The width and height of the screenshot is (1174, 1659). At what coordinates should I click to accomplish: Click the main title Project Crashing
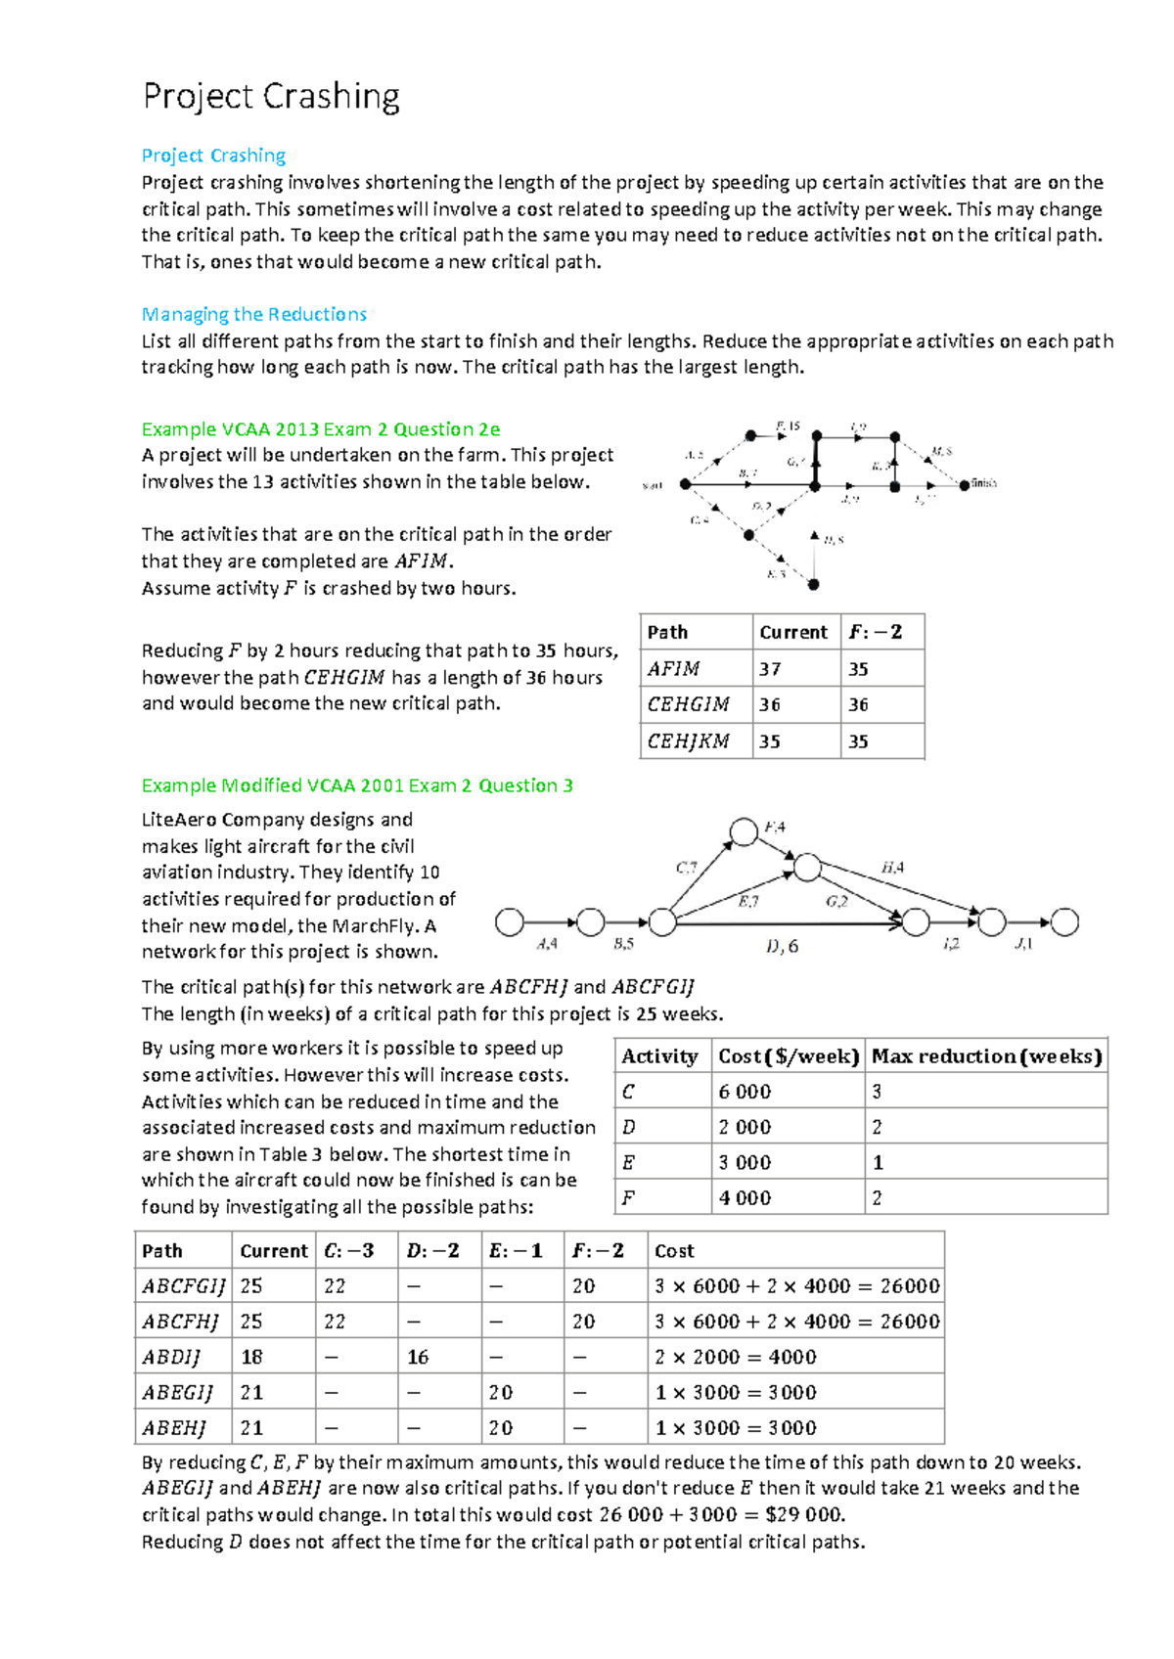271,97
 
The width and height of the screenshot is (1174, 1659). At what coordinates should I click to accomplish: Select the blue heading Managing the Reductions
254,314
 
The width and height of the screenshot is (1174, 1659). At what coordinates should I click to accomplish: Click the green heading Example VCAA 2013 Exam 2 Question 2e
321,428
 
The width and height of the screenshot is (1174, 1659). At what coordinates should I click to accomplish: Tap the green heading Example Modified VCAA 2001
357,785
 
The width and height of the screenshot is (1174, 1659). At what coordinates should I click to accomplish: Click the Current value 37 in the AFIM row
771,669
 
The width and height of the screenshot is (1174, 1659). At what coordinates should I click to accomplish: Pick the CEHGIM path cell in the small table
689,704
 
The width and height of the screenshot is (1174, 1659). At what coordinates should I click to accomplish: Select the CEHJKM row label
689,741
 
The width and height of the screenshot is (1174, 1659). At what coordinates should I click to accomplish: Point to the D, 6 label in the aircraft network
782,946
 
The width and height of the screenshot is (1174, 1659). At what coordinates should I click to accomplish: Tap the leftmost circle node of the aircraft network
510,921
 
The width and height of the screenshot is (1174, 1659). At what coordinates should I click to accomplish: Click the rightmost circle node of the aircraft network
1064,921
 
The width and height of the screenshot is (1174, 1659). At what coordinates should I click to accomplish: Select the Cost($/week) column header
789,1056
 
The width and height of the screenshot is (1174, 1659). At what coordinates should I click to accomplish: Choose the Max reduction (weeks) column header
986,1056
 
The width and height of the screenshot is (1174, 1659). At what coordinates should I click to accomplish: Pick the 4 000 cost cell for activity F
745,1198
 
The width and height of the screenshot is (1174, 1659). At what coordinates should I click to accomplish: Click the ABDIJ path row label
171,1358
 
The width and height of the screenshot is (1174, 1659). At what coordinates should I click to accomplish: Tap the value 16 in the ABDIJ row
419,1358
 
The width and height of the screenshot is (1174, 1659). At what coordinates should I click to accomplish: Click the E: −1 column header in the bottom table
516,1251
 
